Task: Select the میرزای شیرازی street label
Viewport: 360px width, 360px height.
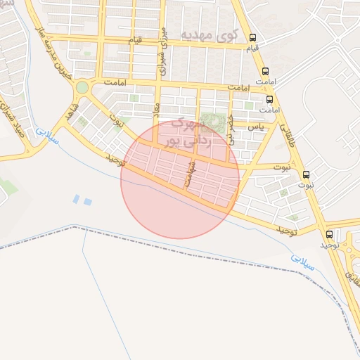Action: tap(163, 51)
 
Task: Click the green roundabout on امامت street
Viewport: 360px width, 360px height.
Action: tap(82, 87)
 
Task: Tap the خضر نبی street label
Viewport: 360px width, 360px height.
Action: tap(231, 125)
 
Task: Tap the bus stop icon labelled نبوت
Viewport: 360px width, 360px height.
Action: tap(306, 174)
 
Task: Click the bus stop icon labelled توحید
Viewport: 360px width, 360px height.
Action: tap(329, 234)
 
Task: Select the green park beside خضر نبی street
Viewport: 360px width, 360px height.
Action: tap(210, 121)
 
